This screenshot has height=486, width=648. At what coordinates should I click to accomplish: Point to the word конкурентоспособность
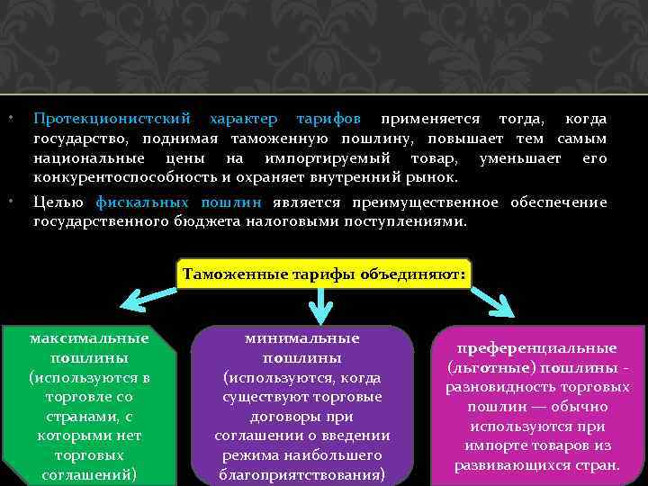[x=126, y=178]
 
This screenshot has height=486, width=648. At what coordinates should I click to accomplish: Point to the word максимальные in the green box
[x=89, y=338]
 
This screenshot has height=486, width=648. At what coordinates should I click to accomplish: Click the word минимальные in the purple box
[x=301, y=338]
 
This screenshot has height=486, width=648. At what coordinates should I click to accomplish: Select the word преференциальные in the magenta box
[x=536, y=347]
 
